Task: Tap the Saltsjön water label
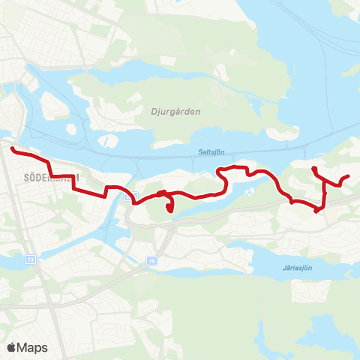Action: pyautogui.click(x=211, y=151)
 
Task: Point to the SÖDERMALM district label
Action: pyautogui.click(x=45, y=177)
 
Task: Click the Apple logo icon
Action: pyautogui.click(x=12, y=347)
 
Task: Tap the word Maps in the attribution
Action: pyautogui.click(x=33, y=347)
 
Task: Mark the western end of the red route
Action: pyautogui.click(x=13, y=150)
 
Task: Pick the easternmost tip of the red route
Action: pyautogui.click(x=349, y=177)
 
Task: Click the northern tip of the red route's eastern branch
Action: pyautogui.click(x=313, y=168)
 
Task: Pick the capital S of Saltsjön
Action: pyautogui.click(x=200, y=151)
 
